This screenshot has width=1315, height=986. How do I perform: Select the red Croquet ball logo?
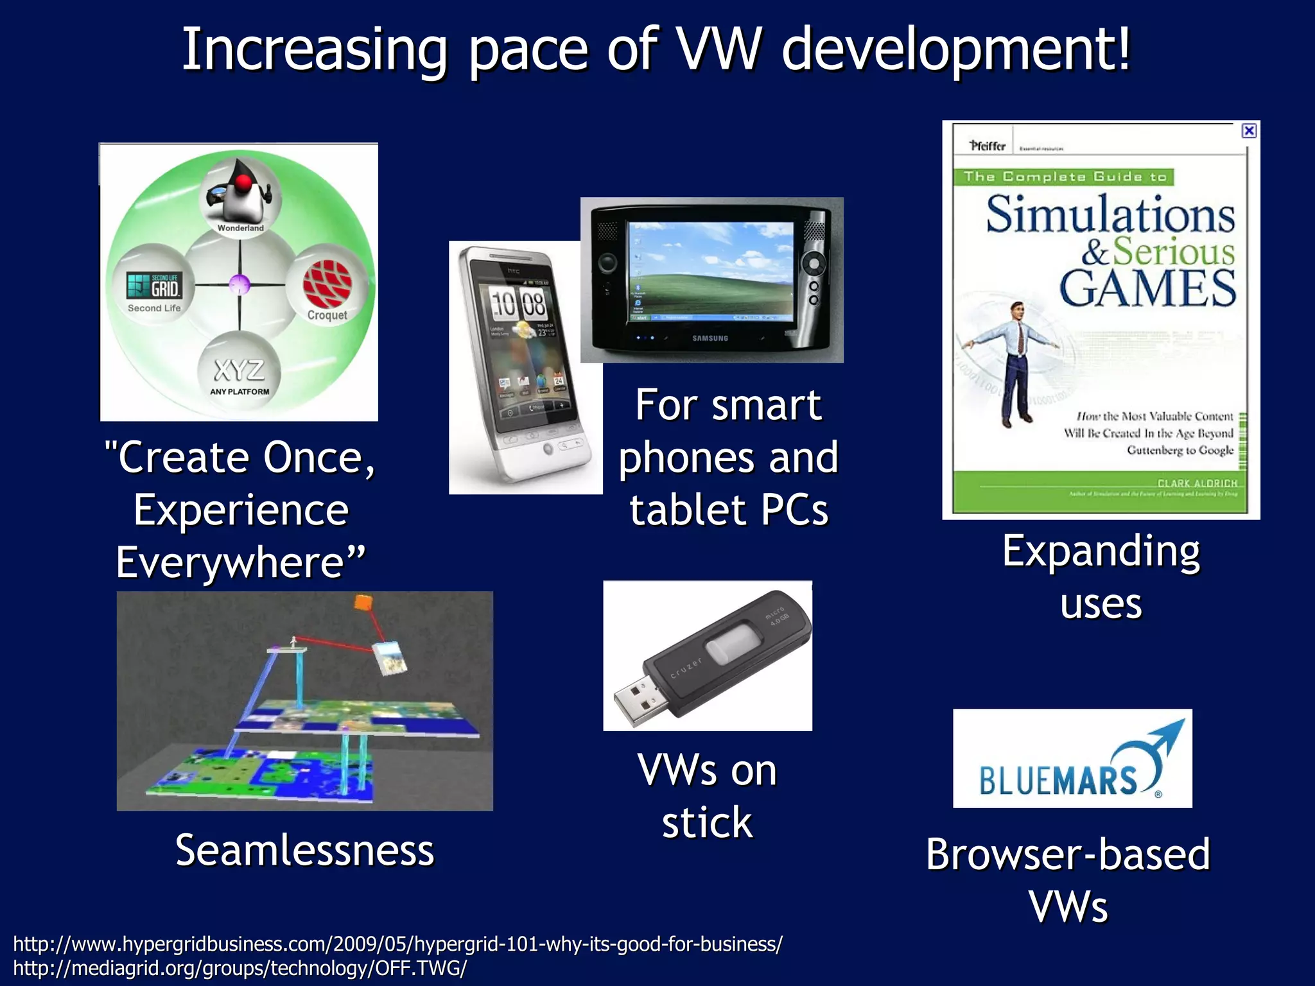click(x=327, y=284)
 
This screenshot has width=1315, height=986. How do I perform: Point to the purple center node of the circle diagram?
click(x=239, y=284)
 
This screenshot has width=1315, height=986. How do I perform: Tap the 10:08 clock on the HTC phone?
click(x=518, y=304)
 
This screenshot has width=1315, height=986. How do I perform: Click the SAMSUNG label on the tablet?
click(x=710, y=338)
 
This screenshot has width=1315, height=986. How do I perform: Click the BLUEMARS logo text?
click(x=1058, y=780)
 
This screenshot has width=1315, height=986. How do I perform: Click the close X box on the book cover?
click(x=1249, y=131)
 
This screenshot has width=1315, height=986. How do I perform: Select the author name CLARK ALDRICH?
click(x=1197, y=483)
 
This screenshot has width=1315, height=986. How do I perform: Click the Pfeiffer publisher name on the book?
click(x=988, y=146)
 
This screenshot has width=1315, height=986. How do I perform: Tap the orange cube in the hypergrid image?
click(x=363, y=602)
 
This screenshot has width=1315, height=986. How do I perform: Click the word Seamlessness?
click(x=305, y=850)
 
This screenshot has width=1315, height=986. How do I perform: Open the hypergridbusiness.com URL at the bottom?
click(x=397, y=944)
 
